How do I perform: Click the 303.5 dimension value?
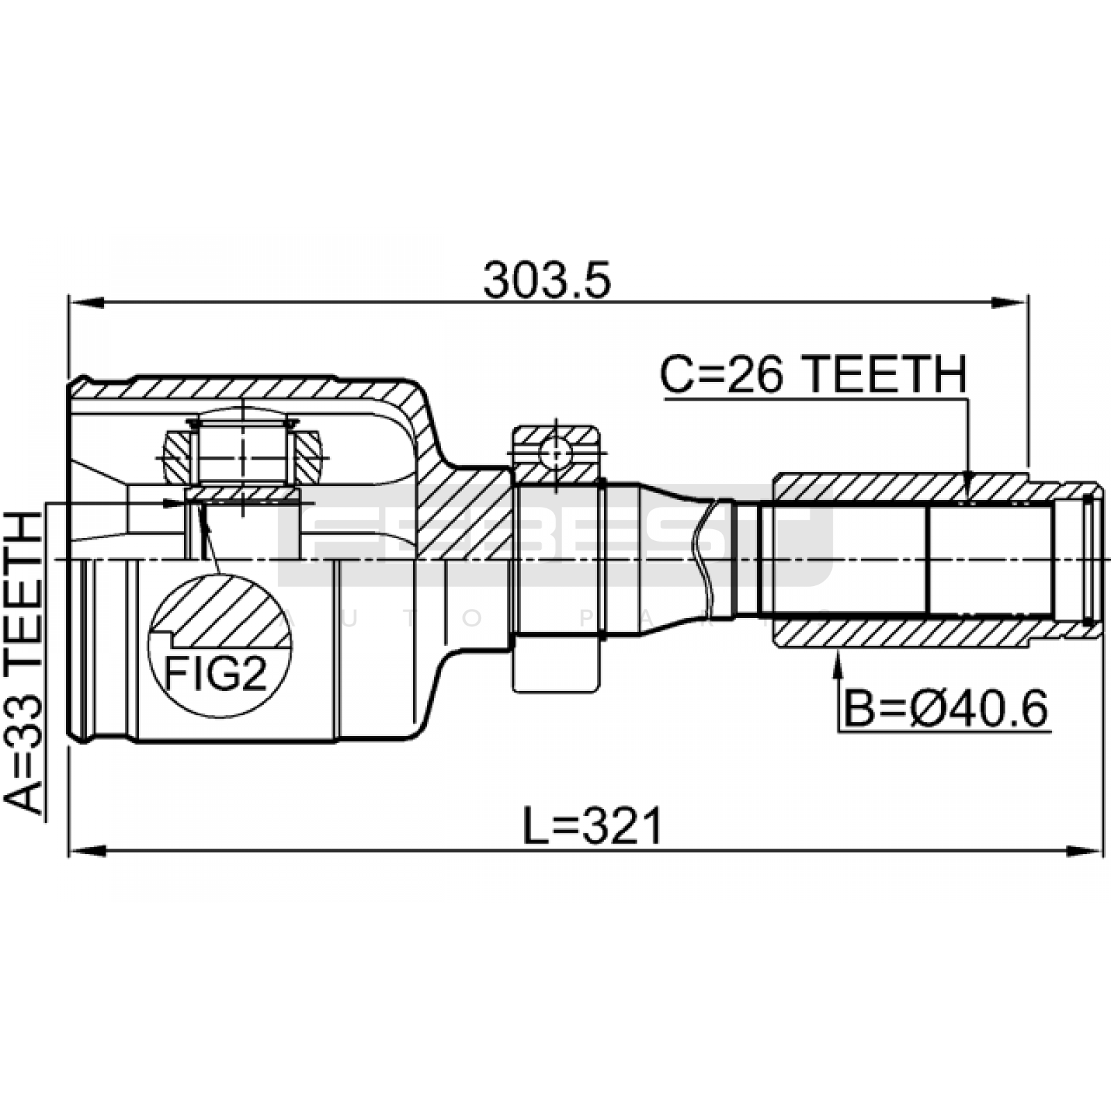pos(547,280)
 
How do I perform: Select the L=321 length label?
pos(593,826)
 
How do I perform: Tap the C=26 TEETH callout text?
pos(812,374)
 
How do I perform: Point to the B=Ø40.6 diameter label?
pos(945,709)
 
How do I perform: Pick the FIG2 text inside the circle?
pos(215,673)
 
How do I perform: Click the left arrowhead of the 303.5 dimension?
pos(86,302)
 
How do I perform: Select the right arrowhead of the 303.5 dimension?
pos(1010,302)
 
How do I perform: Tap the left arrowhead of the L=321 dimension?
pos(86,850)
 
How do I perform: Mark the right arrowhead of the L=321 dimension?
pos(1085,850)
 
